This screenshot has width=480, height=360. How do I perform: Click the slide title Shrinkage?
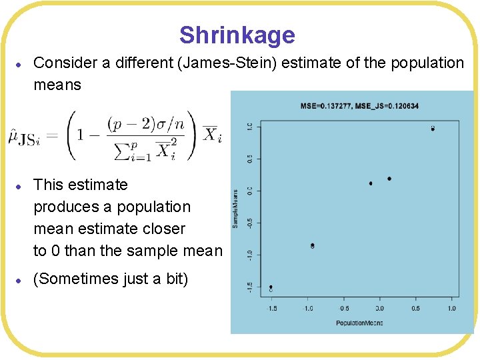pos(237,35)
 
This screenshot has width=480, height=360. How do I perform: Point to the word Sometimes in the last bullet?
pos(78,279)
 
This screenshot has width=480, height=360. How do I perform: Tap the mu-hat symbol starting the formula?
pos(15,137)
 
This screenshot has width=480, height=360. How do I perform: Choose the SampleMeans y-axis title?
pos(235,208)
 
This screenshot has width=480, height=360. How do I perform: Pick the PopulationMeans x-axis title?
pos(359,323)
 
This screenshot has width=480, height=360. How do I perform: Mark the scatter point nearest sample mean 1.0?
pos(433,128)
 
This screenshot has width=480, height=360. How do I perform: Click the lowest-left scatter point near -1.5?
pos(271,288)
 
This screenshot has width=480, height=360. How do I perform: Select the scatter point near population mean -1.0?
pos(312,246)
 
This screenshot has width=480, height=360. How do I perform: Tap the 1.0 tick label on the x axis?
pos(451,309)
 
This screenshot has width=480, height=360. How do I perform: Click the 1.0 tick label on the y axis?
pos(249,126)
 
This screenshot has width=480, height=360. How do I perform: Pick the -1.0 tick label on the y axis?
pos(249,255)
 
